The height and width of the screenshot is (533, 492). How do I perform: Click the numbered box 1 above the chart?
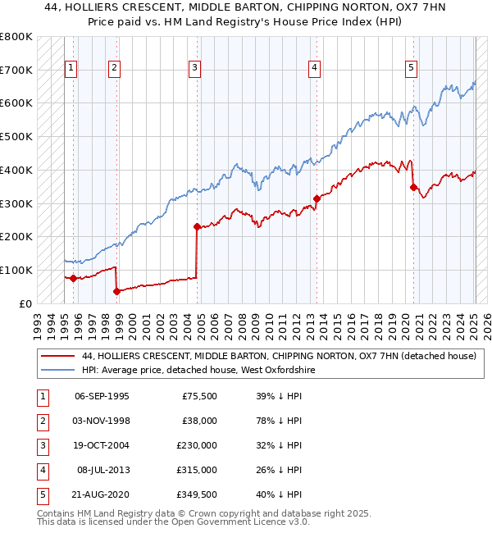coord(71,68)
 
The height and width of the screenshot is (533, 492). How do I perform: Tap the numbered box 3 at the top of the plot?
coord(194,68)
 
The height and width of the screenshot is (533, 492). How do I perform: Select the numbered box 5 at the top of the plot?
coord(411,68)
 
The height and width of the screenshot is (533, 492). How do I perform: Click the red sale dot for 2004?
coord(197,226)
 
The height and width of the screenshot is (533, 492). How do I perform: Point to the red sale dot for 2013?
coord(317,198)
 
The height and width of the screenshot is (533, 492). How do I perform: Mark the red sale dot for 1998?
coord(116,290)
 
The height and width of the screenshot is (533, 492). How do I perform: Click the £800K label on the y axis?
coord(16,37)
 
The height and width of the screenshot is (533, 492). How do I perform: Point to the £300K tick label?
coord(16,203)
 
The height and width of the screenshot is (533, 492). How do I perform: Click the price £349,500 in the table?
coord(198,494)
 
